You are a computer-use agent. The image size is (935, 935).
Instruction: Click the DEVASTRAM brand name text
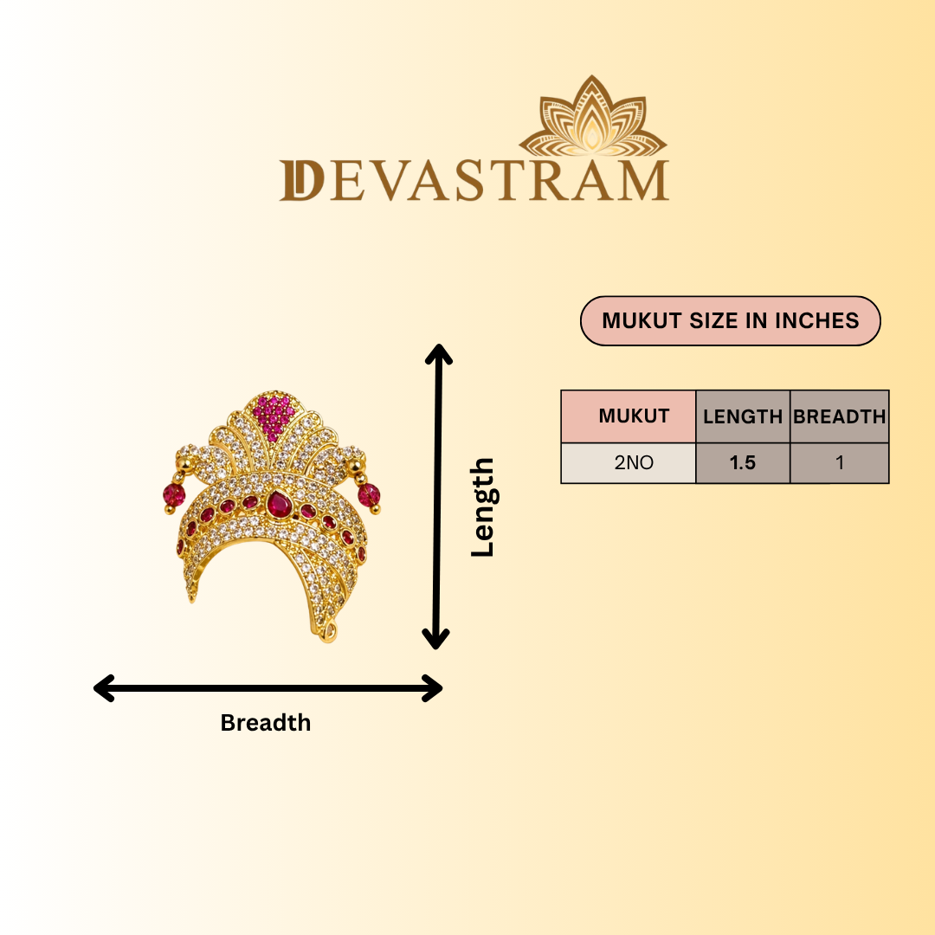474,180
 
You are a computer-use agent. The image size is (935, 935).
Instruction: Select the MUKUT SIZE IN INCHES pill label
731,321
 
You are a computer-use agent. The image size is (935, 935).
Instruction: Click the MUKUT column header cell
629,416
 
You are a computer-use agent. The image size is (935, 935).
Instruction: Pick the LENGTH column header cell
743,416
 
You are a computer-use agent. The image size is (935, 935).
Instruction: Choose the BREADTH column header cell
840,416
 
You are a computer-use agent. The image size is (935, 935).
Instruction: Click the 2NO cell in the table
629,462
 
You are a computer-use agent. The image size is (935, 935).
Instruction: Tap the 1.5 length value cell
743,462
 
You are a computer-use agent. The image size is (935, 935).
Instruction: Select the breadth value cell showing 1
840,462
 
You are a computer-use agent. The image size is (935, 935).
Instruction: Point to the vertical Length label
482,507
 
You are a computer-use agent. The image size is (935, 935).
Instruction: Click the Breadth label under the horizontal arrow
266,723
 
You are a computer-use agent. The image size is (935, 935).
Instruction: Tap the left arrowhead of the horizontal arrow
102,688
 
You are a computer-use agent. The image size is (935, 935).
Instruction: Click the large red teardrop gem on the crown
279,504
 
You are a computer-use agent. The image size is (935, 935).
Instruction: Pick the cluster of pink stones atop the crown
273,416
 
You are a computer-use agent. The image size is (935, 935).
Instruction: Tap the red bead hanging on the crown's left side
174,494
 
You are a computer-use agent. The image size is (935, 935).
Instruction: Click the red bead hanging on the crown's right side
369,495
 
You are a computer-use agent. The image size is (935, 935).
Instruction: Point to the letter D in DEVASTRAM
302,180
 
